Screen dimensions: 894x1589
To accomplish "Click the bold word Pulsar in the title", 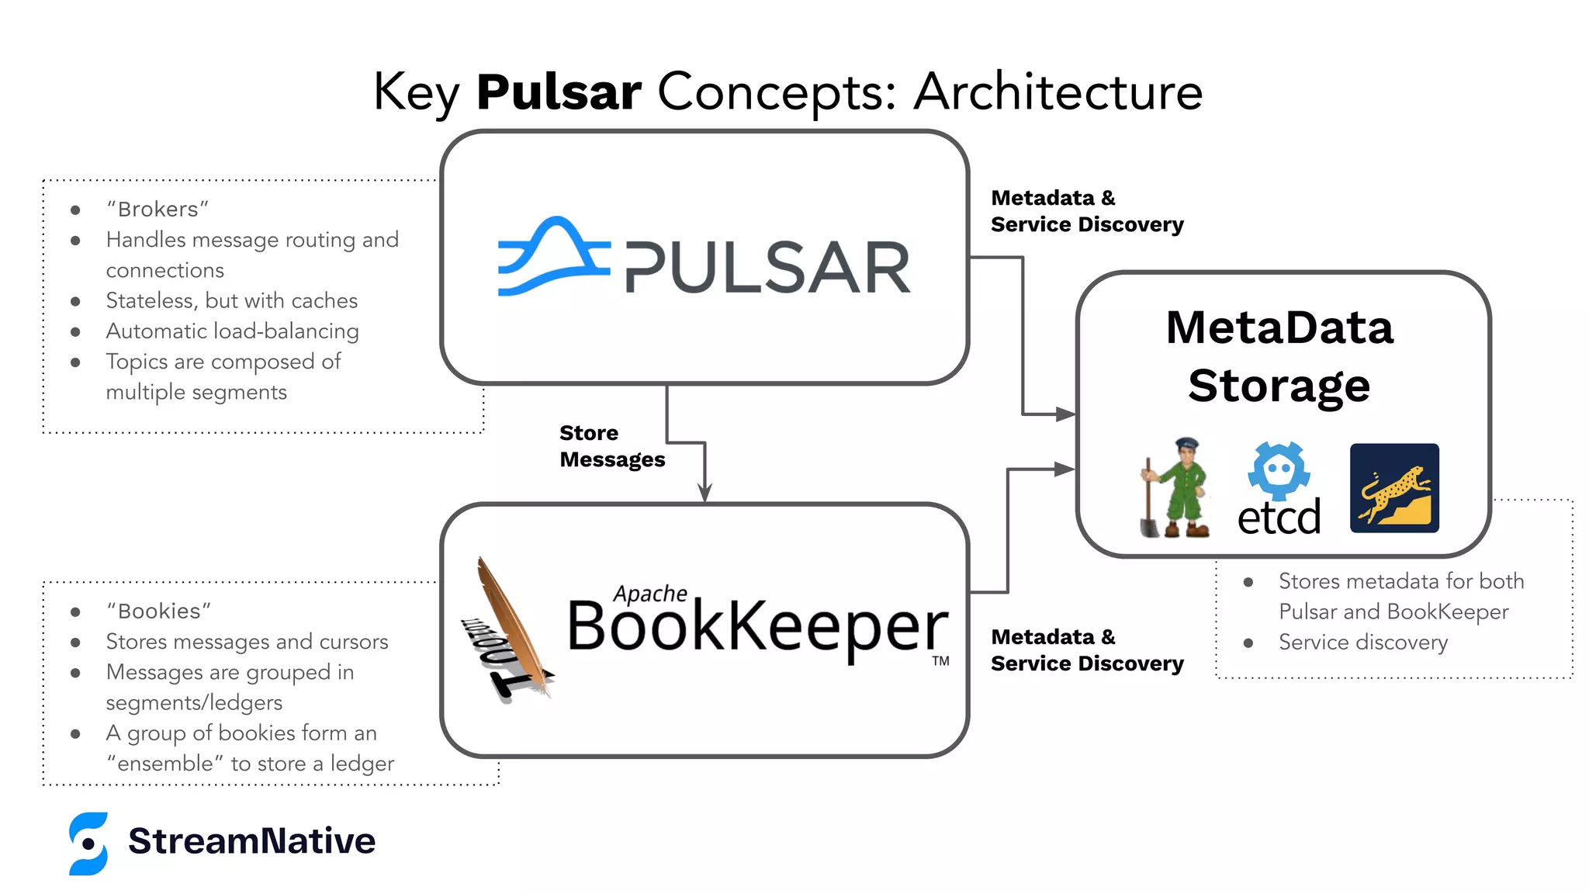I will click(x=559, y=92).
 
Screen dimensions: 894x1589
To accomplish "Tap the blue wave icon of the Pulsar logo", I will click(x=552, y=256).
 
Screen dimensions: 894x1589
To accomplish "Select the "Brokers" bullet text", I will click(x=158, y=210).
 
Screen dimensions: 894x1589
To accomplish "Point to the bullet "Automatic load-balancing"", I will click(x=232, y=331).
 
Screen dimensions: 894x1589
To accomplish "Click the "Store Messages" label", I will click(x=611, y=446).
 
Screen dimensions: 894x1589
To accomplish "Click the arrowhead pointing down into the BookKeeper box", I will click(x=704, y=492).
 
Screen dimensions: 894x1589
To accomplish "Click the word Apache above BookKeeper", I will click(x=649, y=594).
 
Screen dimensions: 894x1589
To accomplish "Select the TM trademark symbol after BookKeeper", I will click(x=940, y=661).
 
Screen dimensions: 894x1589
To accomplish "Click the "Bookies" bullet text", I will click(x=158, y=612).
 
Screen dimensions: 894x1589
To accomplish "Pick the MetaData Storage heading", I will click(x=1279, y=356).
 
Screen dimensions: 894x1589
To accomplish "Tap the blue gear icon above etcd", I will click(x=1279, y=470).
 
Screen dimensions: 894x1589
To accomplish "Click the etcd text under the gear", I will click(x=1279, y=518).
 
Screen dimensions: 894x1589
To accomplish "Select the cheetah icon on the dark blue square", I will click(x=1394, y=488).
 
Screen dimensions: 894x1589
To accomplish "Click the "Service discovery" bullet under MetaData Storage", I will click(x=1362, y=643).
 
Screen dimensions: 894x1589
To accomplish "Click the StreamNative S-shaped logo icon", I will click(x=88, y=844).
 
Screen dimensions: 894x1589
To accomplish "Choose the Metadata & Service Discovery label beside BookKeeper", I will click(x=1086, y=650).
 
